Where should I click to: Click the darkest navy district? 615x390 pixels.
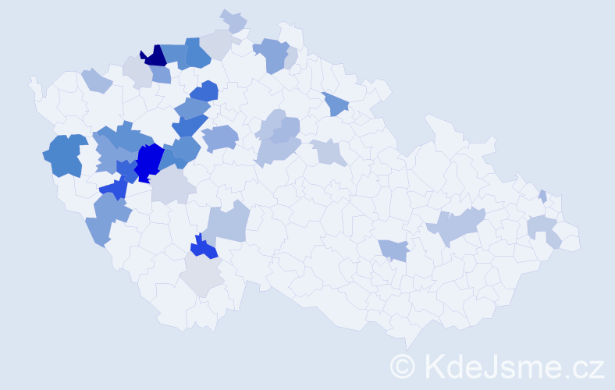click(155, 55)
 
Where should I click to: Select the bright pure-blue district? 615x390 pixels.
click(148, 162)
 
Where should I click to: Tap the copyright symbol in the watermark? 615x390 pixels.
click(403, 366)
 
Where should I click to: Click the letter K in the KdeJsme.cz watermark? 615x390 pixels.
click(435, 366)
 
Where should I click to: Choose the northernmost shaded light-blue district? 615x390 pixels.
click(233, 20)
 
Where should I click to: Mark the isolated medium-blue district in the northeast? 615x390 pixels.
click(336, 103)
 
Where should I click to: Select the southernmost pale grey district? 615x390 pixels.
click(201, 275)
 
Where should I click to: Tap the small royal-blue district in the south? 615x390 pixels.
click(204, 248)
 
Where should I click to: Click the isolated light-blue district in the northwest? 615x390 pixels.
click(97, 80)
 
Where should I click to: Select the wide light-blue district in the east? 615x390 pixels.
click(459, 225)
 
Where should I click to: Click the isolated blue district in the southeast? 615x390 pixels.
click(394, 250)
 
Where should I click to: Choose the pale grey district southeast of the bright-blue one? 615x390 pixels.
click(170, 187)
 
